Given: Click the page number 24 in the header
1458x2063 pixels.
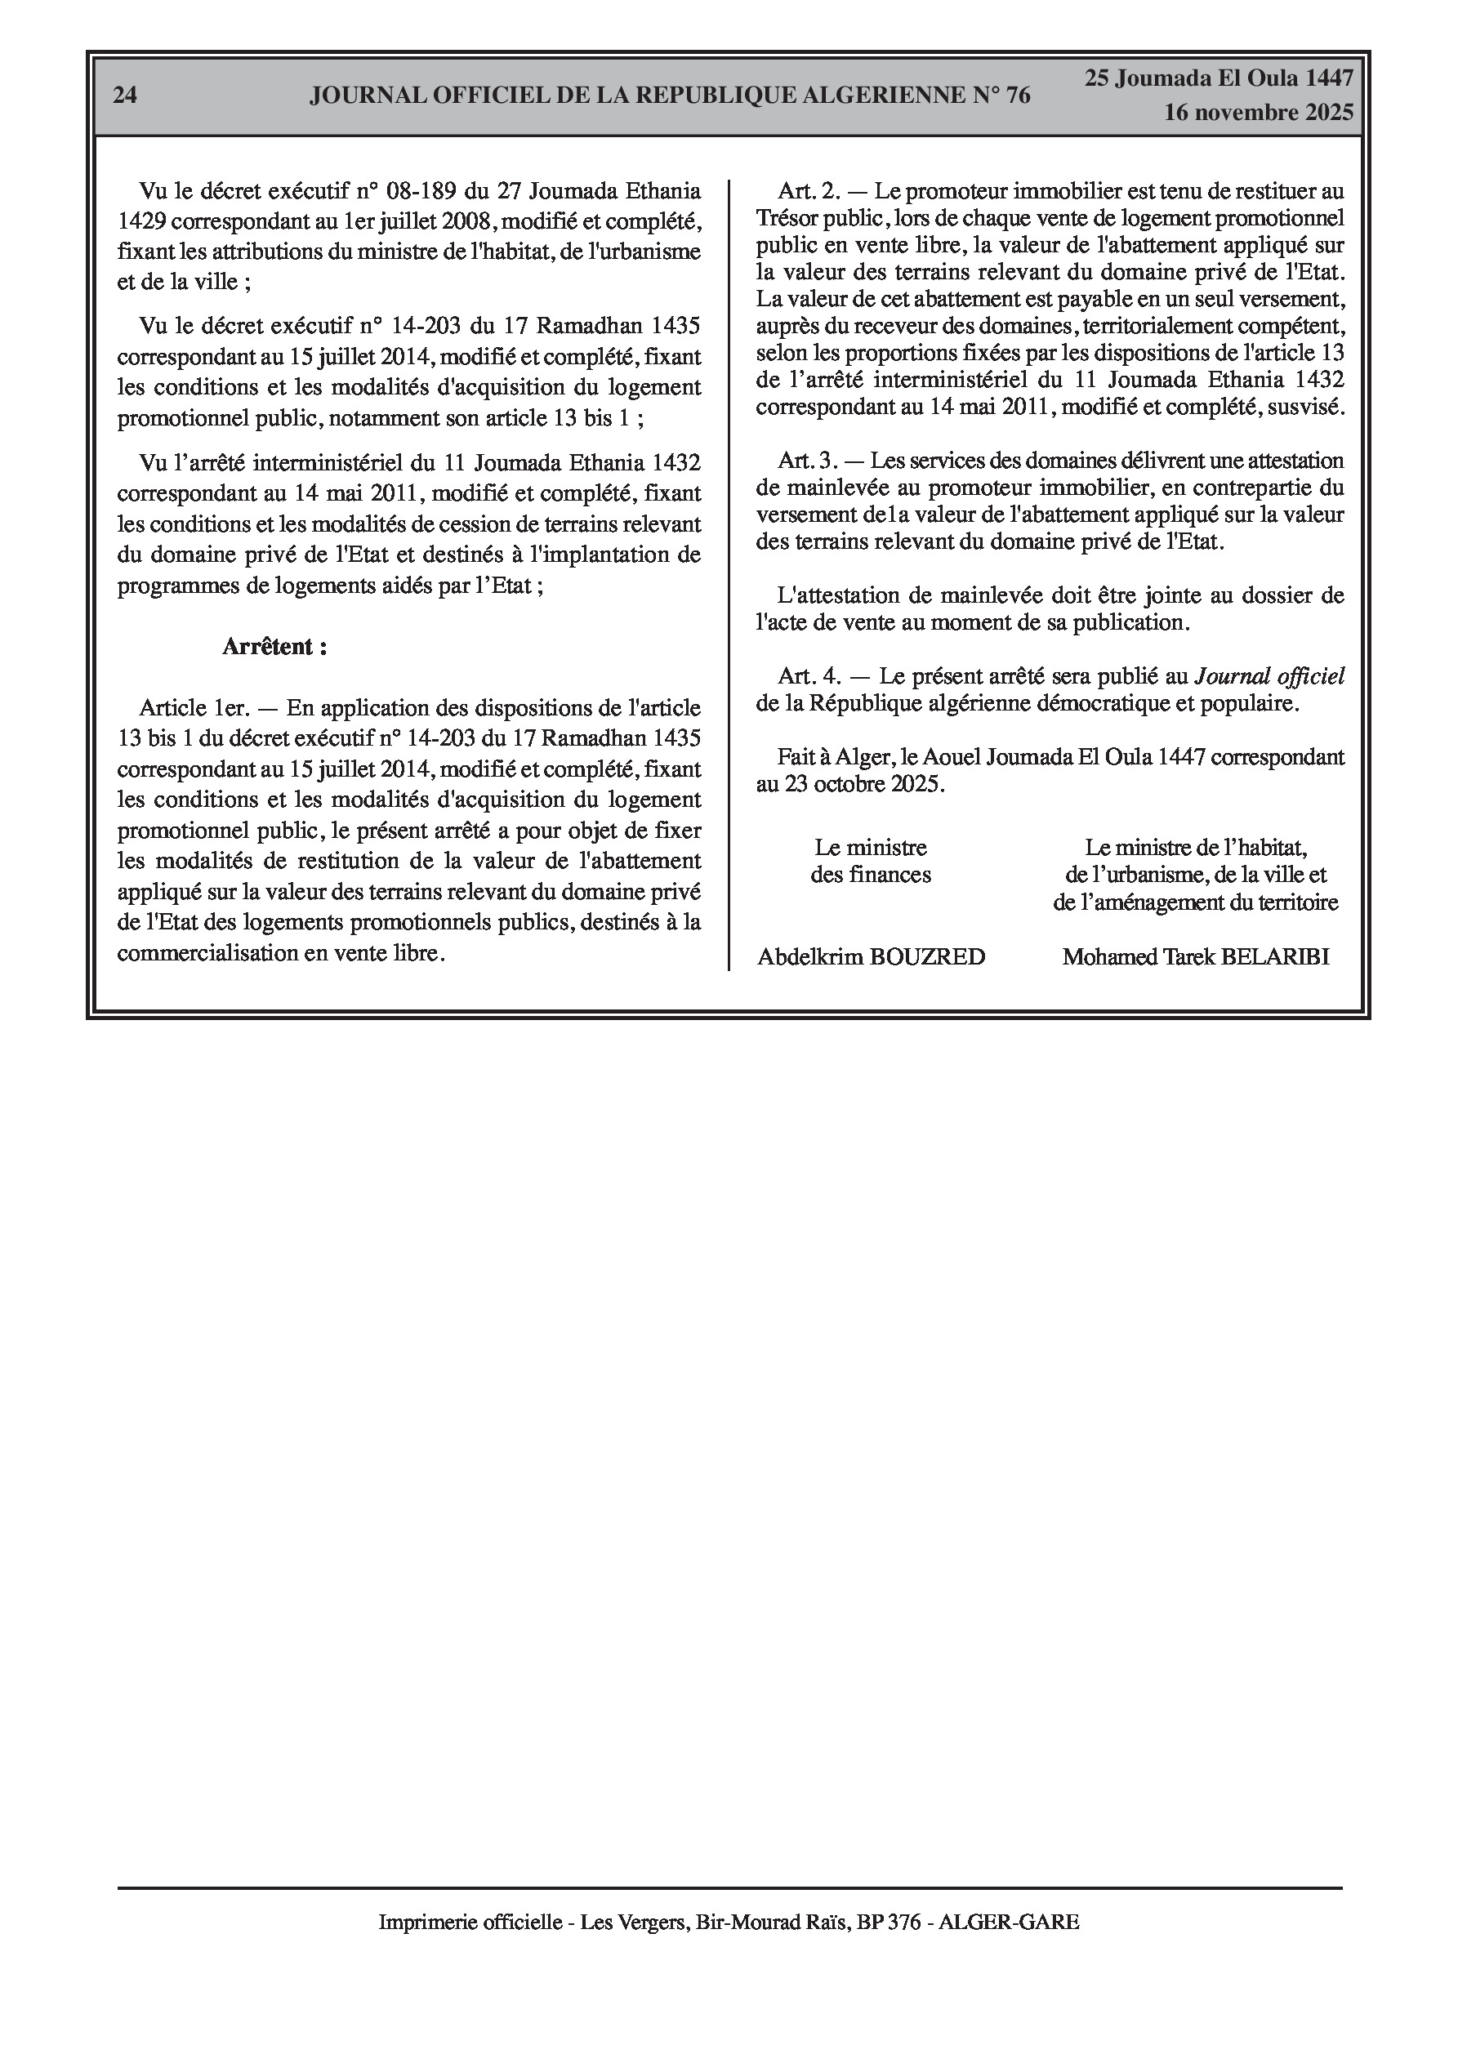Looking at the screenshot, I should click(x=125, y=96).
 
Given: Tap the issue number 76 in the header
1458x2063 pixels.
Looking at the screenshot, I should click(x=1018, y=96).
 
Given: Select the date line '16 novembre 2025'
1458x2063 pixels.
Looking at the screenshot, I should click(x=1259, y=114).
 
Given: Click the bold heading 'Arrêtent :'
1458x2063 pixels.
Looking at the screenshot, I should click(x=274, y=647).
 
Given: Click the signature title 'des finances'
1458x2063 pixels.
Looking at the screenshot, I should click(x=870, y=874).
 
